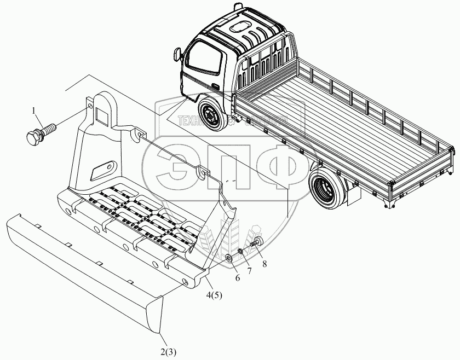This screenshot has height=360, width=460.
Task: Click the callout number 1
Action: coord(36,112)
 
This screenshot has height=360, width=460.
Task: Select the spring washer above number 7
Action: coord(241,252)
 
